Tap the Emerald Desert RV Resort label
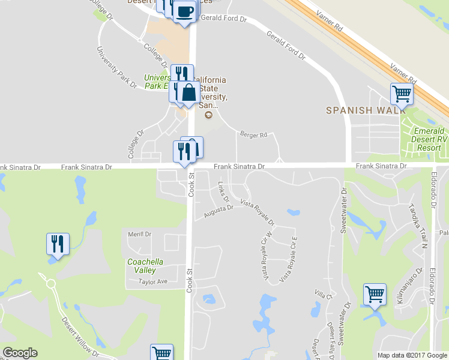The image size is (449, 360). tap(429, 139)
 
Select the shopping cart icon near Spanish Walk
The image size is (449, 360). tap(402, 94)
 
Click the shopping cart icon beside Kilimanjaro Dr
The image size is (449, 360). tap(375, 295)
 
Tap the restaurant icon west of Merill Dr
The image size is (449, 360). tap(58, 244)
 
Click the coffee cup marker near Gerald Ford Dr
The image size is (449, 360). tap(185, 11)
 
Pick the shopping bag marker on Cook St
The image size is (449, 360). tap(188, 92)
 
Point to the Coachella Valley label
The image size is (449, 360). tap(142, 266)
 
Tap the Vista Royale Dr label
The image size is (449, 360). tap(258, 212)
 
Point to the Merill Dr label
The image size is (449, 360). tap(140, 234)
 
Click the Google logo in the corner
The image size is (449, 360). tap(20, 353)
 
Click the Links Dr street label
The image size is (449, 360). tap(224, 191)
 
